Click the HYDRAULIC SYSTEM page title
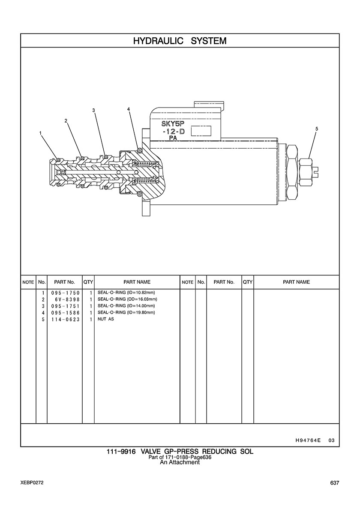pyautogui.click(x=180, y=41)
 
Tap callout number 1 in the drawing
pyautogui.click(x=41, y=133)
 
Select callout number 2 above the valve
pyautogui.click(x=66, y=121)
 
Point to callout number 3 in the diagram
pyautogui.click(x=93, y=111)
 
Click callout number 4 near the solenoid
pyautogui.click(x=129, y=109)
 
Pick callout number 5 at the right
pyautogui.click(x=317, y=129)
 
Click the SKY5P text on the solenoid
pyautogui.click(x=173, y=124)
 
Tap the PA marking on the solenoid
pyautogui.click(x=173, y=138)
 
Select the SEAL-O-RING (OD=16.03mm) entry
pyautogui.click(x=127, y=299)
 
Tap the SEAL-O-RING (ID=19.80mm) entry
pyautogui.click(x=126, y=312)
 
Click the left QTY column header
pyautogui.click(x=88, y=282)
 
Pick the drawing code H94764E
pyautogui.click(x=308, y=440)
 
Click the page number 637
pyautogui.click(x=335, y=483)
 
